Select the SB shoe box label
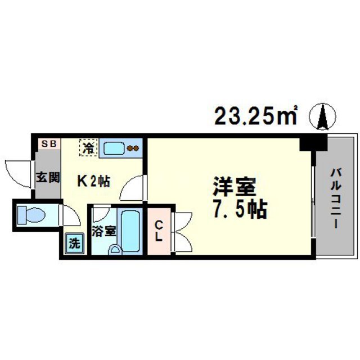[x=48, y=145]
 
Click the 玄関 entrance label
[x=48, y=178]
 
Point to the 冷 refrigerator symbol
[x=88, y=148]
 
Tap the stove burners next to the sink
[x=134, y=148]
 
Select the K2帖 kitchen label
[x=93, y=181]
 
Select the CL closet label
[x=159, y=231]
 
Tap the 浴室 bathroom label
[x=104, y=231]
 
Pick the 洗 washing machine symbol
[x=74, y=244]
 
